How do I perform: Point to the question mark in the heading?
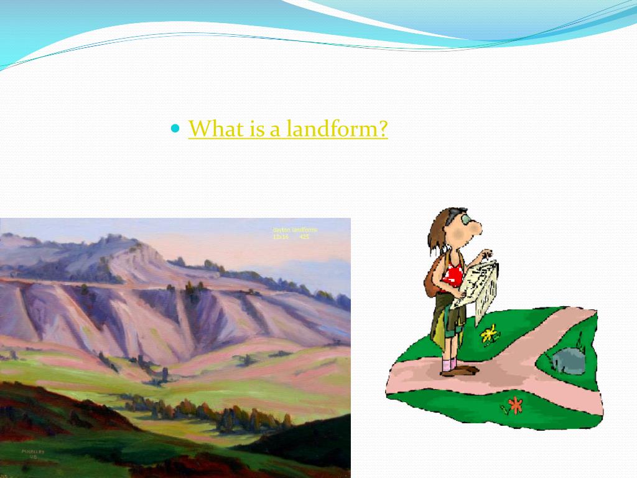(x=383, y=129)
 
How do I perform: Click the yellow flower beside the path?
(x=490, y=335)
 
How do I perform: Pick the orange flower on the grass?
(x=514, y=406)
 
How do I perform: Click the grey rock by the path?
(x=567, y=360)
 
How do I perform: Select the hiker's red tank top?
(x=453, y=274)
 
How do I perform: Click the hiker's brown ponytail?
(x=436, y=233)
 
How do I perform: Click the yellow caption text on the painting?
(x=294, y=233)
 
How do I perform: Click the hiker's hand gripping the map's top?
(x=486, y=256)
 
